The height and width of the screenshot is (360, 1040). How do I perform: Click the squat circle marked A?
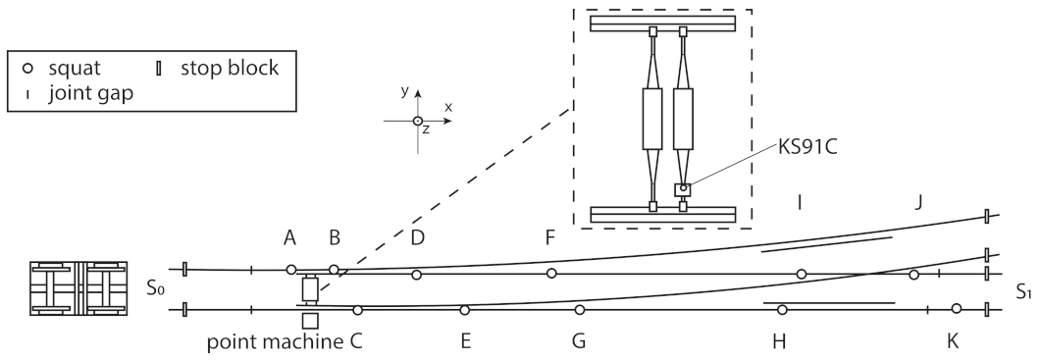pyautogui.click(x=290, y=269)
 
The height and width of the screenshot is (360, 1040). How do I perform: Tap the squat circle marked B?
pyautogui.click(x=334, y=269)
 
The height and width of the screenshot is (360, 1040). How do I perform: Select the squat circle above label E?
pyautogui.click(x=464, y=310)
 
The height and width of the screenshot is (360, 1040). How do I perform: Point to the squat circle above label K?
pyautogui.click(x=957, y=309)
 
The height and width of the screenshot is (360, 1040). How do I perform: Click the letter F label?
pyautogui.click(x=550, y=237)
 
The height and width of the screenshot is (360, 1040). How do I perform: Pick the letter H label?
pyautogui.click(x=779, y=342)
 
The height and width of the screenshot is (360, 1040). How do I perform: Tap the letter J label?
pyautogui.click(x=917, y=203)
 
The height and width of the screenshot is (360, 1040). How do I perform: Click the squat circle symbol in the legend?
pyautogui.click(x=29, y=69)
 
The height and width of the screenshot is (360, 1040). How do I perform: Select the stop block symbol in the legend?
pyautogui.click(x=161, y=69)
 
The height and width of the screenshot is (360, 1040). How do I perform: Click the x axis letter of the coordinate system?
pyautogui.click(x=447, y=105)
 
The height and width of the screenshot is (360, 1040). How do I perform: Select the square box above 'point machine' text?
pyautogui.click(x=310, y=321)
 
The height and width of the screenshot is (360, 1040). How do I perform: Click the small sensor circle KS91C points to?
pyautogui.click(x=683, y=187)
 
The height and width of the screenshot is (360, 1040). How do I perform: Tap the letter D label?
pyautogui.click(x=417, y=237)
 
